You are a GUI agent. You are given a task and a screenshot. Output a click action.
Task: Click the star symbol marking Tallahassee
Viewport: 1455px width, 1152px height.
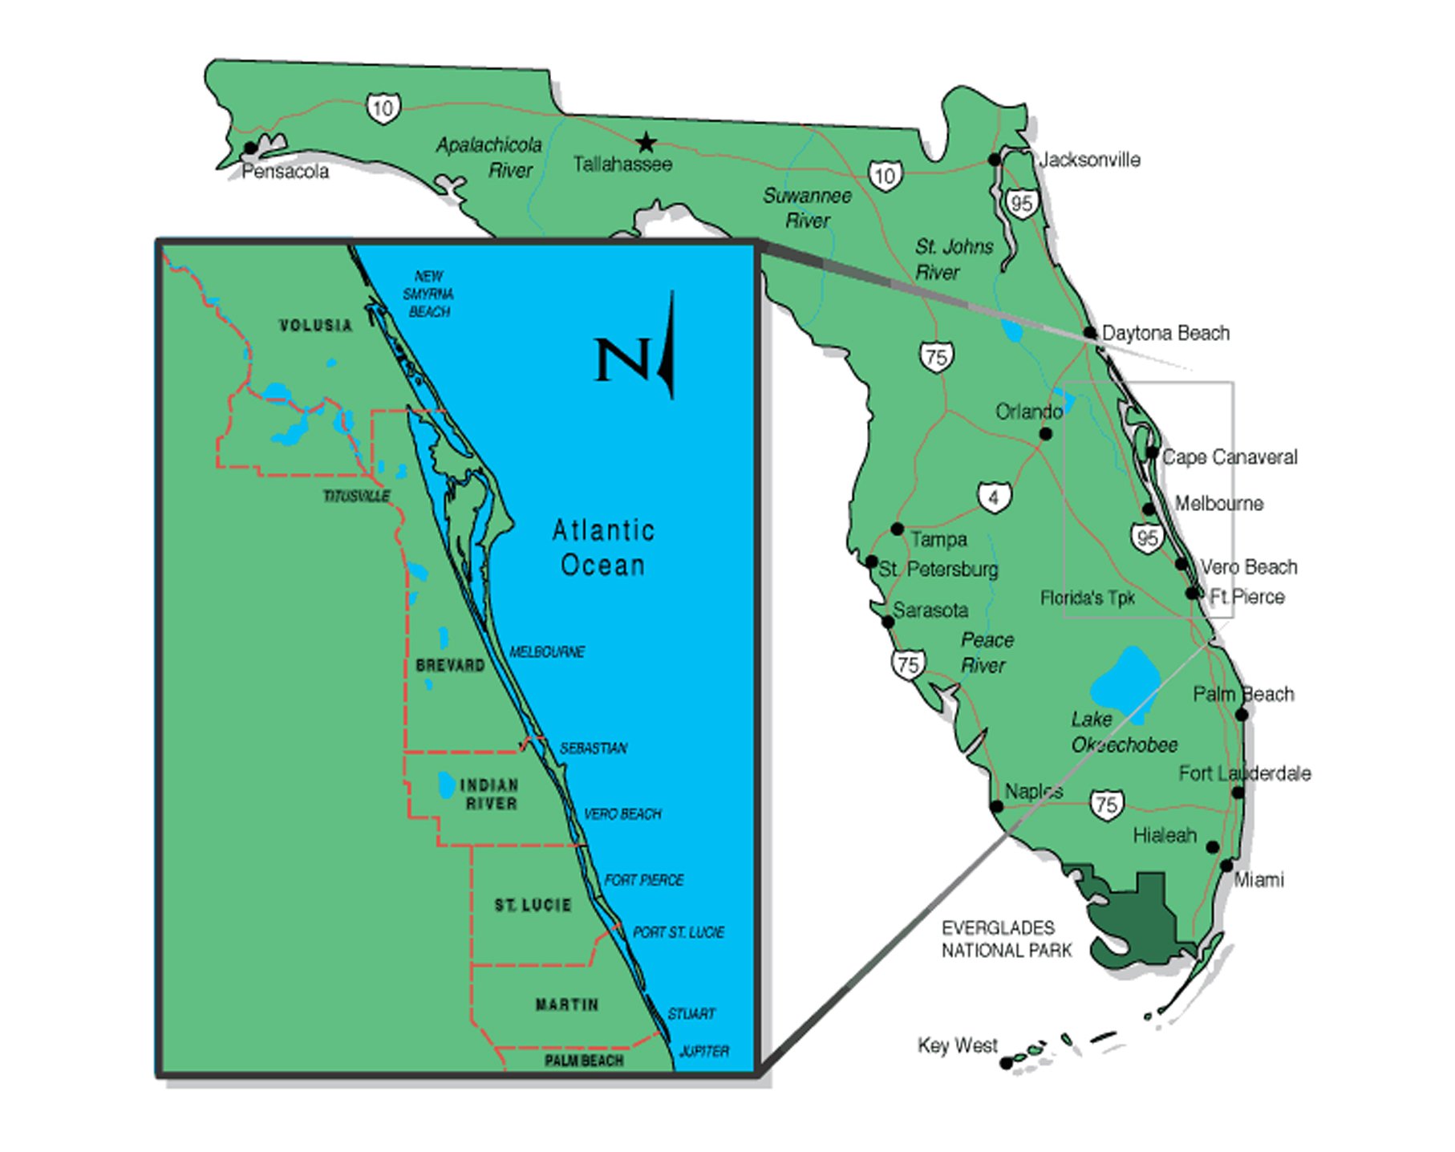point(646,144)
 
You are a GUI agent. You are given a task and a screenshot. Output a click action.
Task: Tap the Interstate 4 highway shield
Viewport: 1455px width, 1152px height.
point(994,497)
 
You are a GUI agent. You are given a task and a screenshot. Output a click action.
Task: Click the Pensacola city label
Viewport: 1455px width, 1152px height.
point(285,172)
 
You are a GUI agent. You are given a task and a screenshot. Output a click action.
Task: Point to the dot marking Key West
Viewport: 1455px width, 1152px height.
point(1006,1063)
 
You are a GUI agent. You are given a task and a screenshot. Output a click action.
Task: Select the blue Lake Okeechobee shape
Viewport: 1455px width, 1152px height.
point(1124,681)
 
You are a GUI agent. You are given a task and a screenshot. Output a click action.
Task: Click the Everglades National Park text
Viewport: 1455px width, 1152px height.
point(1006,939)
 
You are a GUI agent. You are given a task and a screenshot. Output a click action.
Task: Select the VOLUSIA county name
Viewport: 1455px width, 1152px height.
point(315,325)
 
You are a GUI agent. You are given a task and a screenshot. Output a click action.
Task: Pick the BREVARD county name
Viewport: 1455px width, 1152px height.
point(450,665)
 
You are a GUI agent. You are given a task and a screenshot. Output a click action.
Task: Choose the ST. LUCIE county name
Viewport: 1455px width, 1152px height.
point(533,905)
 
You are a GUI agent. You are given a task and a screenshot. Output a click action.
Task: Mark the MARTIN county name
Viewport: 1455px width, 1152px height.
point(566,1004)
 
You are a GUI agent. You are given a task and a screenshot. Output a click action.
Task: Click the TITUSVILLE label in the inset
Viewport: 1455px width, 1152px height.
point(356,497)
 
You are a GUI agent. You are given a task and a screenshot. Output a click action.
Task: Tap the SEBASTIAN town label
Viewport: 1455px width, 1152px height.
point(593,748)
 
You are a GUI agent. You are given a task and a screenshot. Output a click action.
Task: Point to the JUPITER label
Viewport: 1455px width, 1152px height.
point(703,1051)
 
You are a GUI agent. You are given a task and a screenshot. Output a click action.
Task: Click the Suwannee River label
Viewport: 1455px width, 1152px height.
point(807,208)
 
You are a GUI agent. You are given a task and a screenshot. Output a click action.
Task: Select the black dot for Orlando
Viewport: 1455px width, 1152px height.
point(1045,434)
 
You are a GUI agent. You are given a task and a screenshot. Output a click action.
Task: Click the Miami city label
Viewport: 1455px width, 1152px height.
point(1258,880)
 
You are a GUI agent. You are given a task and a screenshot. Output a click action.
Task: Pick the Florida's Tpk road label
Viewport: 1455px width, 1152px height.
point(1087,598)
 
